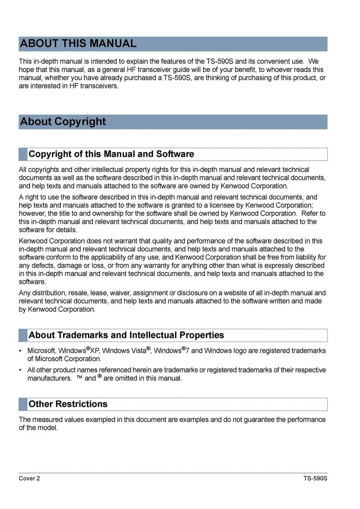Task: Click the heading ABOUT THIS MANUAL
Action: pyautogui.click(x=78, y=44)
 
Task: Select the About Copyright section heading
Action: pyautogui.click(x=63, y=122)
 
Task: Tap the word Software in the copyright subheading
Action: pyautogui.click(x=175, y=154)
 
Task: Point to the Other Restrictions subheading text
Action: pyautogui.click(x=68, y=404)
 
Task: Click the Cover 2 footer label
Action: pyautogui.click(x=29, y=478)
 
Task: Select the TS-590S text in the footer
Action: pyautogui.click(x=315, y=478)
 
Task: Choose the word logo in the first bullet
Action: pyautogui.click(x=240, y=351)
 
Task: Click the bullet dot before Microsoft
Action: pyautogui.click(x=20, y=351)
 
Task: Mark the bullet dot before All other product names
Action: pyautogui.click(x=20, y=370)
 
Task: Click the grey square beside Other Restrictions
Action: pyautogui.click(x=23, y=404)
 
